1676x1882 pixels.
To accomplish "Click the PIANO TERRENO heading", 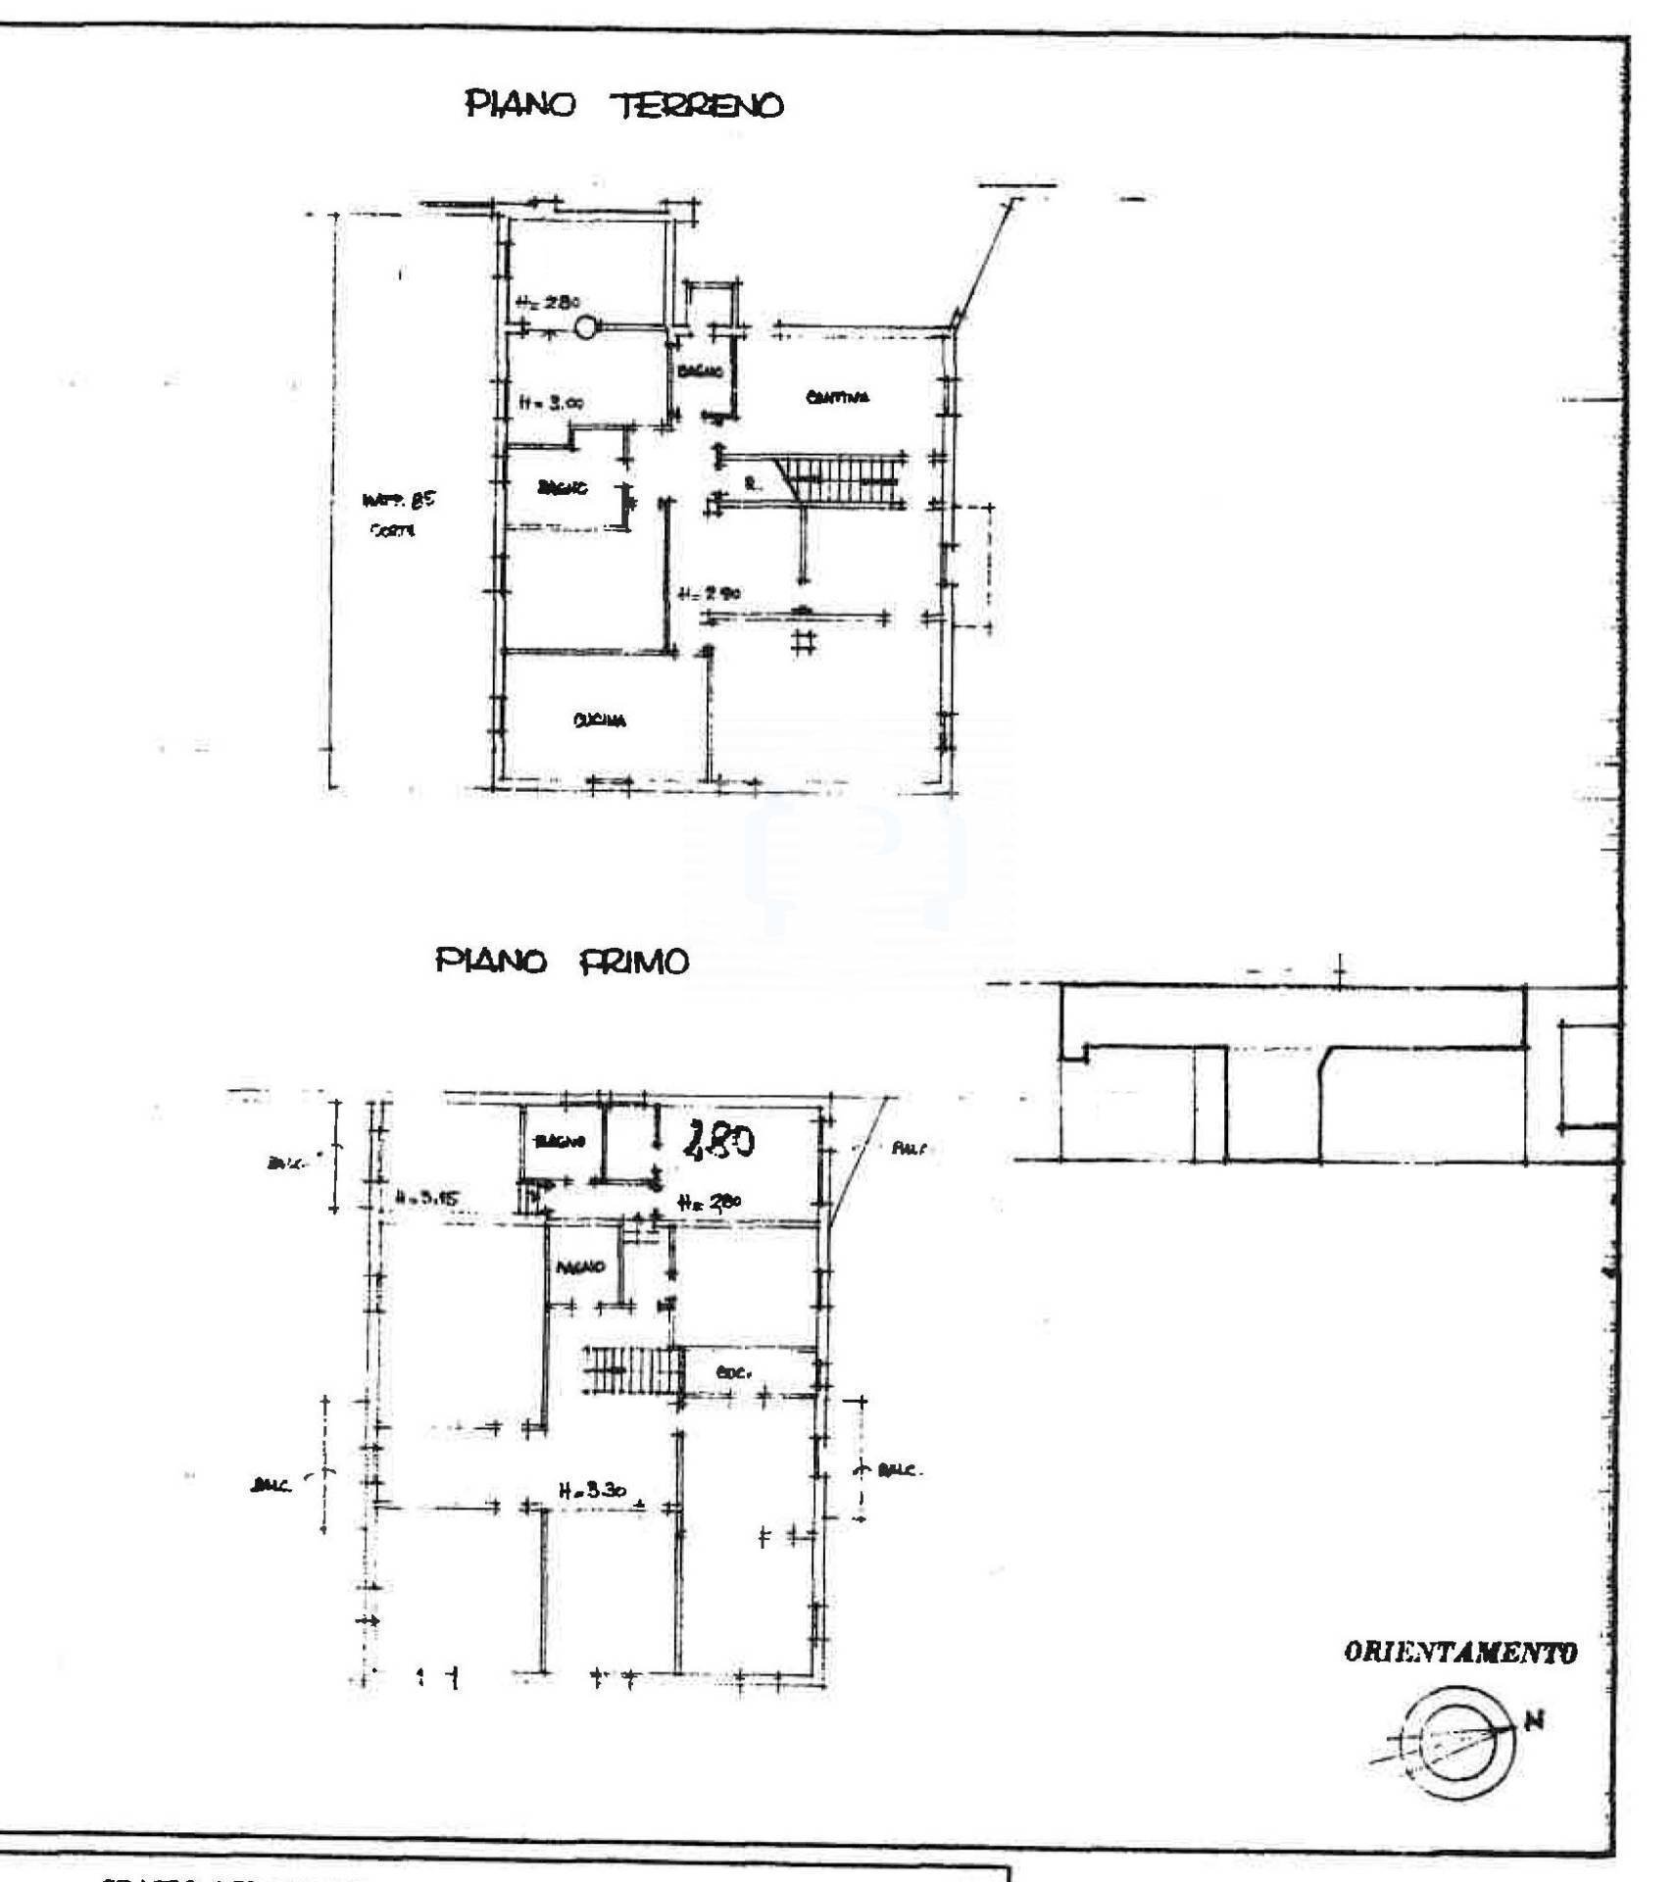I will pos(624,104).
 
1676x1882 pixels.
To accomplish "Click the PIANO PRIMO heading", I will pos(562,962).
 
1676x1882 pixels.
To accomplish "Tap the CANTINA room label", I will pos(837,397).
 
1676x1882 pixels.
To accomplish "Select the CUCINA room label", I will pos(599,720).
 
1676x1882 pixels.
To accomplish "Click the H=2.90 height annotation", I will pos(711,593).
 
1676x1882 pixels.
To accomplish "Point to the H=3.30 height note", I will pos(592,1491).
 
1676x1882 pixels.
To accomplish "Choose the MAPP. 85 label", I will pos(398,501).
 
